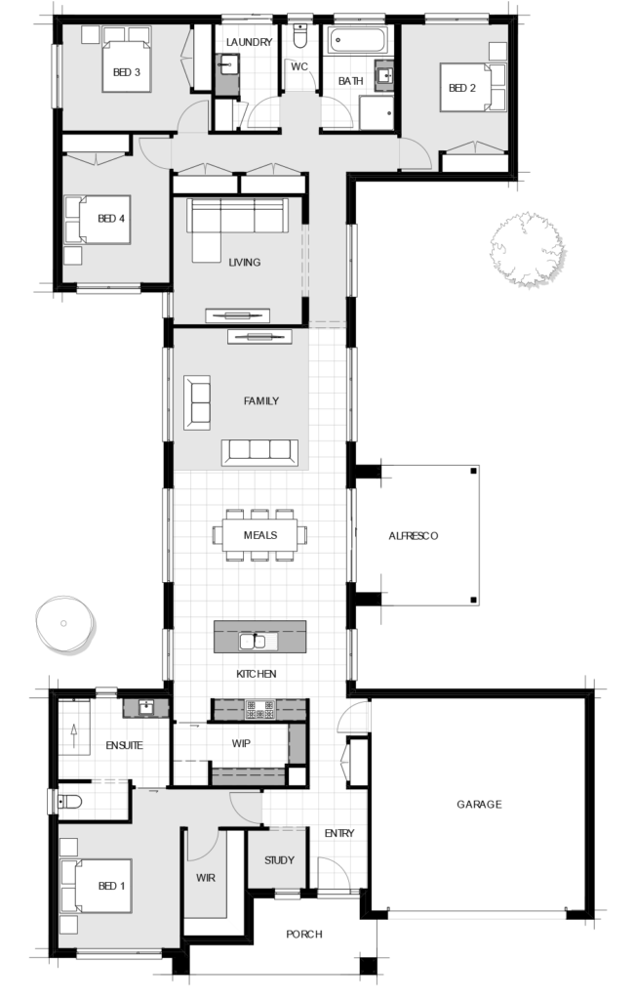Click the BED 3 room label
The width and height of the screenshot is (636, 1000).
point(127,71)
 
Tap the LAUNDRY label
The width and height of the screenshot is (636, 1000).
point(249,42)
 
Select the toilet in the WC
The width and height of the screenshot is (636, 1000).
point(299,38)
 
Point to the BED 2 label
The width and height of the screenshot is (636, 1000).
point(461,88)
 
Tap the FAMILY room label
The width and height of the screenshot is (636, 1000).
point(261,400)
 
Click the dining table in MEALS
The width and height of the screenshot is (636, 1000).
point(260,534)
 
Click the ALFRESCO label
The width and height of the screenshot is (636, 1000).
point(414,536)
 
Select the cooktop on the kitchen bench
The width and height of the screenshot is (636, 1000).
point(260,710)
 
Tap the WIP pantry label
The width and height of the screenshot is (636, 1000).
point(241,743)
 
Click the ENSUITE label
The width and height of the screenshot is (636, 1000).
point(125,745)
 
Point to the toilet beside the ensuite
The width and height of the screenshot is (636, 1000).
point(68,802)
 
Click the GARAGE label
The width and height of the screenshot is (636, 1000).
point(479,805)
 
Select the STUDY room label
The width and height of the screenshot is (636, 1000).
point(278,861)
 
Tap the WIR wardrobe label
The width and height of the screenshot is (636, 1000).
point(205,877)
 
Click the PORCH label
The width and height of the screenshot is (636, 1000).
point(304,935)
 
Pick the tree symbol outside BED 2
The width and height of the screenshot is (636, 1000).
point(528,250)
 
